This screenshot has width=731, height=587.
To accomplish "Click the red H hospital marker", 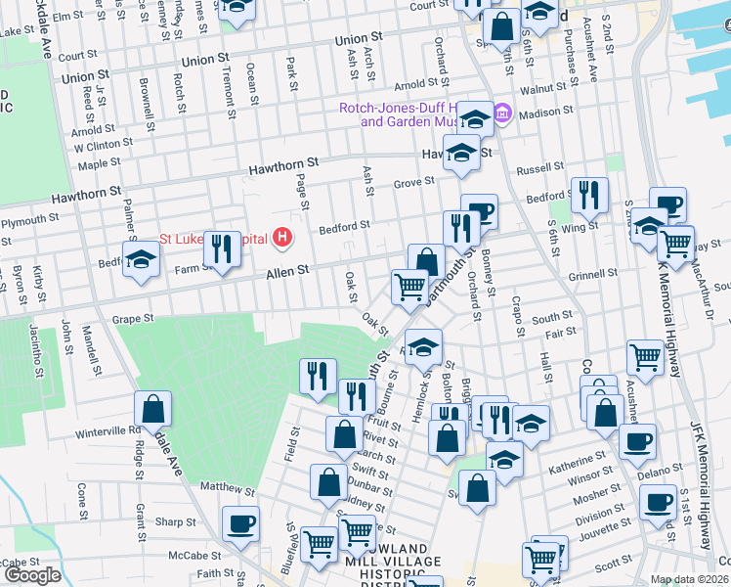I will (283, 237).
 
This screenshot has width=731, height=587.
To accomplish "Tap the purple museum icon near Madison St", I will (502, 114).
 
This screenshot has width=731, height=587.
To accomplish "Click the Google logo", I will (32, 575).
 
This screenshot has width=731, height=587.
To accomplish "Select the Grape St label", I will (133, 318).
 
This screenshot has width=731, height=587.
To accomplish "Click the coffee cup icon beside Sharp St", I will (240, 523).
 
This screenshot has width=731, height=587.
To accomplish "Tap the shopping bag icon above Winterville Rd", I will (153, 408).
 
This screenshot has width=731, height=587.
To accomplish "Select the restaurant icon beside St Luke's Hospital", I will (223, 248).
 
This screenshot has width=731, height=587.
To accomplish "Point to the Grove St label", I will (413, 182).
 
